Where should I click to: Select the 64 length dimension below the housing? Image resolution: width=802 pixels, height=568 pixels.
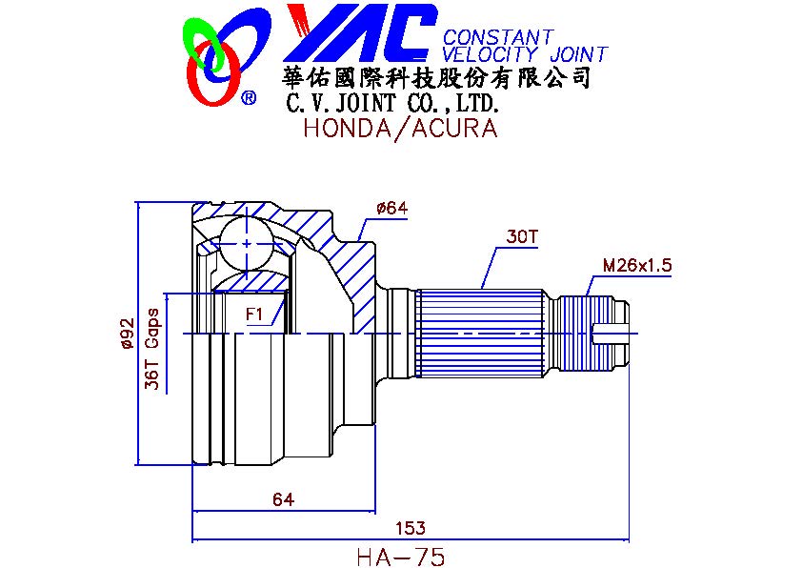pyautogui.click(x=283, y=499)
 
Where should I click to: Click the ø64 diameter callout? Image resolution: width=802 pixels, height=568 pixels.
pyautogui.click(x=391, y=209)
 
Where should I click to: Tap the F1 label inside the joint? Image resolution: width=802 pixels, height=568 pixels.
pyautogui.click(x=254, y=314)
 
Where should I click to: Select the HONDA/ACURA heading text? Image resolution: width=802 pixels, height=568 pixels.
pyautogui.click(x=400, y=128)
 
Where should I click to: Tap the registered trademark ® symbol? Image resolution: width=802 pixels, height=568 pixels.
pyautogui.click(x=249, y=97)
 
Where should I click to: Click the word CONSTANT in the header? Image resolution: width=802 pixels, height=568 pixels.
pyautogui.click(x=497, y=37)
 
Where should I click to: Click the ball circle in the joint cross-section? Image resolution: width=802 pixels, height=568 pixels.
pyautogui.click(x=248, y=243)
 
